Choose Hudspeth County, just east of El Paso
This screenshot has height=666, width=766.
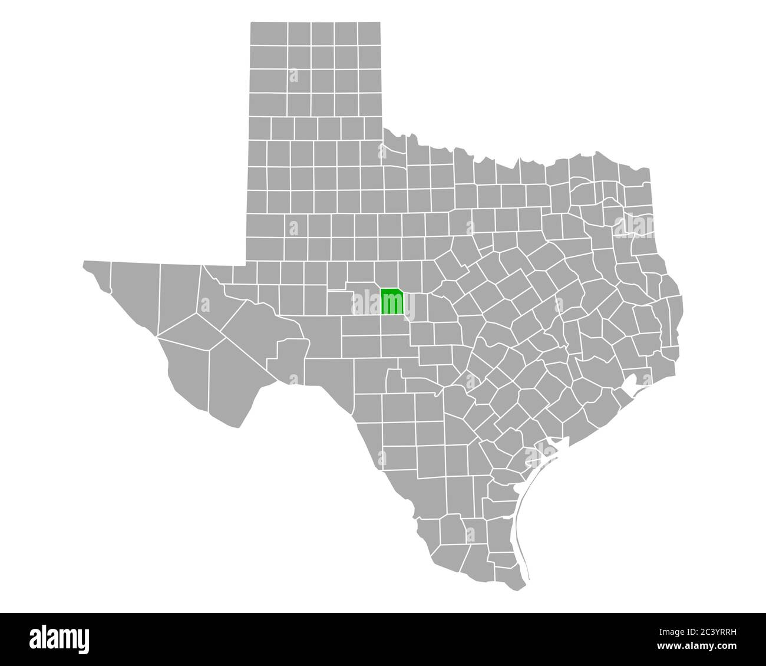point(136,295)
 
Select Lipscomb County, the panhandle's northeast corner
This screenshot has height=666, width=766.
point(368,35)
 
